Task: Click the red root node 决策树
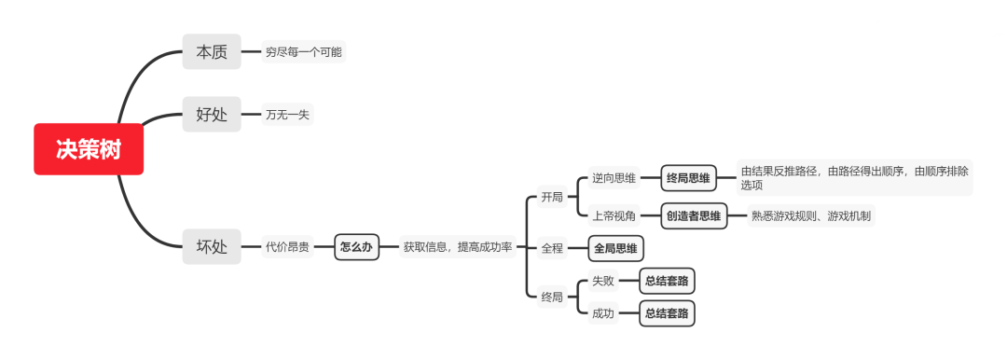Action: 89,149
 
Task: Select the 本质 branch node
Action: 212,52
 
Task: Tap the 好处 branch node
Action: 212,115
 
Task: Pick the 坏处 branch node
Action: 212,247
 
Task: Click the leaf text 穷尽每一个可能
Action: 303,52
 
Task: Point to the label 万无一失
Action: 286,115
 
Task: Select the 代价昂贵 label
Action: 287,247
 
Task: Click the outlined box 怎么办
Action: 356,247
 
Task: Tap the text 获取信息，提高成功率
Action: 457,247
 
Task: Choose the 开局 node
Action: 552,198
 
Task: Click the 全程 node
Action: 552,248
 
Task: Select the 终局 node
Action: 552,298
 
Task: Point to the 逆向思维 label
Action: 614,178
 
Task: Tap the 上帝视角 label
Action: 614,216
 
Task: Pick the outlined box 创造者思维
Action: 694,216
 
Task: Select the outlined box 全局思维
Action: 616,248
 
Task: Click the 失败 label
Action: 603,281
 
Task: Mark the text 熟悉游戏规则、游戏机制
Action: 812,216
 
